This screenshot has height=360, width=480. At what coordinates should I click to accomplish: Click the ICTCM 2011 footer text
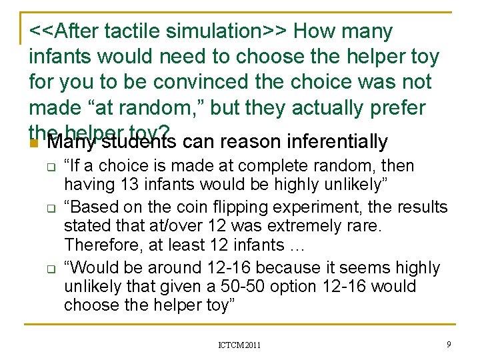coord(239,345)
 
